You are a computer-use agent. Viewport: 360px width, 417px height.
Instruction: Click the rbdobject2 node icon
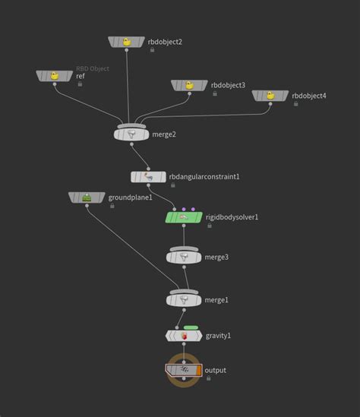tap(127, 42)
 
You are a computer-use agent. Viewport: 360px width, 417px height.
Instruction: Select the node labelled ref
tap(54, 76)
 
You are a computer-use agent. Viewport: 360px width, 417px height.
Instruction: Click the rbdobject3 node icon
tap(190, 86)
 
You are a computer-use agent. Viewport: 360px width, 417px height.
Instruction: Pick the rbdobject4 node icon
tap(271, 96)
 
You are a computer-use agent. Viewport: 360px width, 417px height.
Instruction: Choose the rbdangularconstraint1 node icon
tap(148, 177)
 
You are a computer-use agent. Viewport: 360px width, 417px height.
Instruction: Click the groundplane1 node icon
tap(87, 197)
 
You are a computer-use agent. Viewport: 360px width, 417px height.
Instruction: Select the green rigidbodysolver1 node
tap(184, 217)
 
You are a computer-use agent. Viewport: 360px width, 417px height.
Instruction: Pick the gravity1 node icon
tap(184, 335)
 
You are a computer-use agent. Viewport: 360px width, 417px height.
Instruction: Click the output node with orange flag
tap(185, 370)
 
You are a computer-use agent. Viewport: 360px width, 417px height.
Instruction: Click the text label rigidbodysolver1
tap(232, 217)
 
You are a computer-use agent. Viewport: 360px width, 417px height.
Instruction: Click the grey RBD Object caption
tap(92, 69)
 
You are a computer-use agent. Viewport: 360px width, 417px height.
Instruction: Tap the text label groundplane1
tap(131, 197)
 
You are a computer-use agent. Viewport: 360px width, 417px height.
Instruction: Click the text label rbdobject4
tap(309, 96)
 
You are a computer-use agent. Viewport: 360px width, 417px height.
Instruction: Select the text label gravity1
tap(219, 335)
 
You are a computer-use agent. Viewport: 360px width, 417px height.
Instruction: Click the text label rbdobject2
tap(164, 42)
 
